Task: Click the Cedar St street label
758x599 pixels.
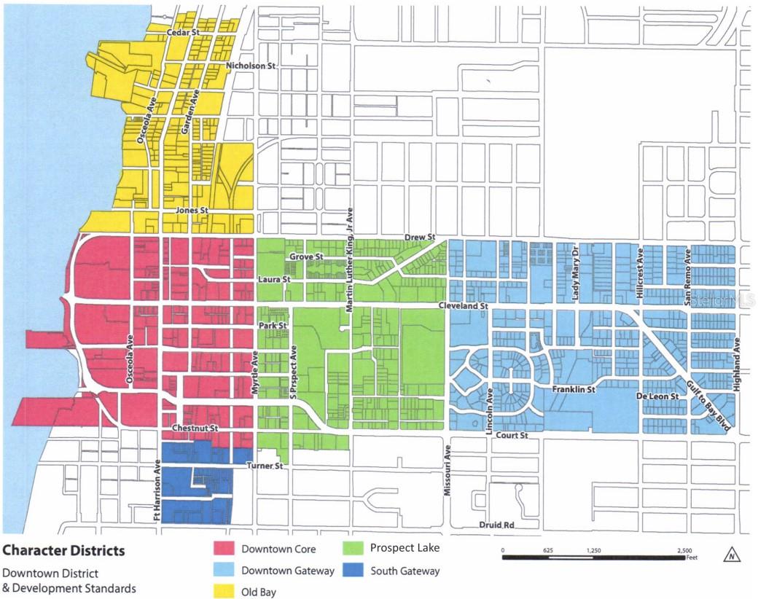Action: (182, 33)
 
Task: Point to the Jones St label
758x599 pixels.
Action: (192, 211)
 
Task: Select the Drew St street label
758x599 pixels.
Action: (420, 238)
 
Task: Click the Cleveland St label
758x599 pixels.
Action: (463, 307)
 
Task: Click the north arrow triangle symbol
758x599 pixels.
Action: (731, 556)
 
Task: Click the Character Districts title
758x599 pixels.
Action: (64, 550)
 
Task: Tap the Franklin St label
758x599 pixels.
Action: (574, 390)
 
